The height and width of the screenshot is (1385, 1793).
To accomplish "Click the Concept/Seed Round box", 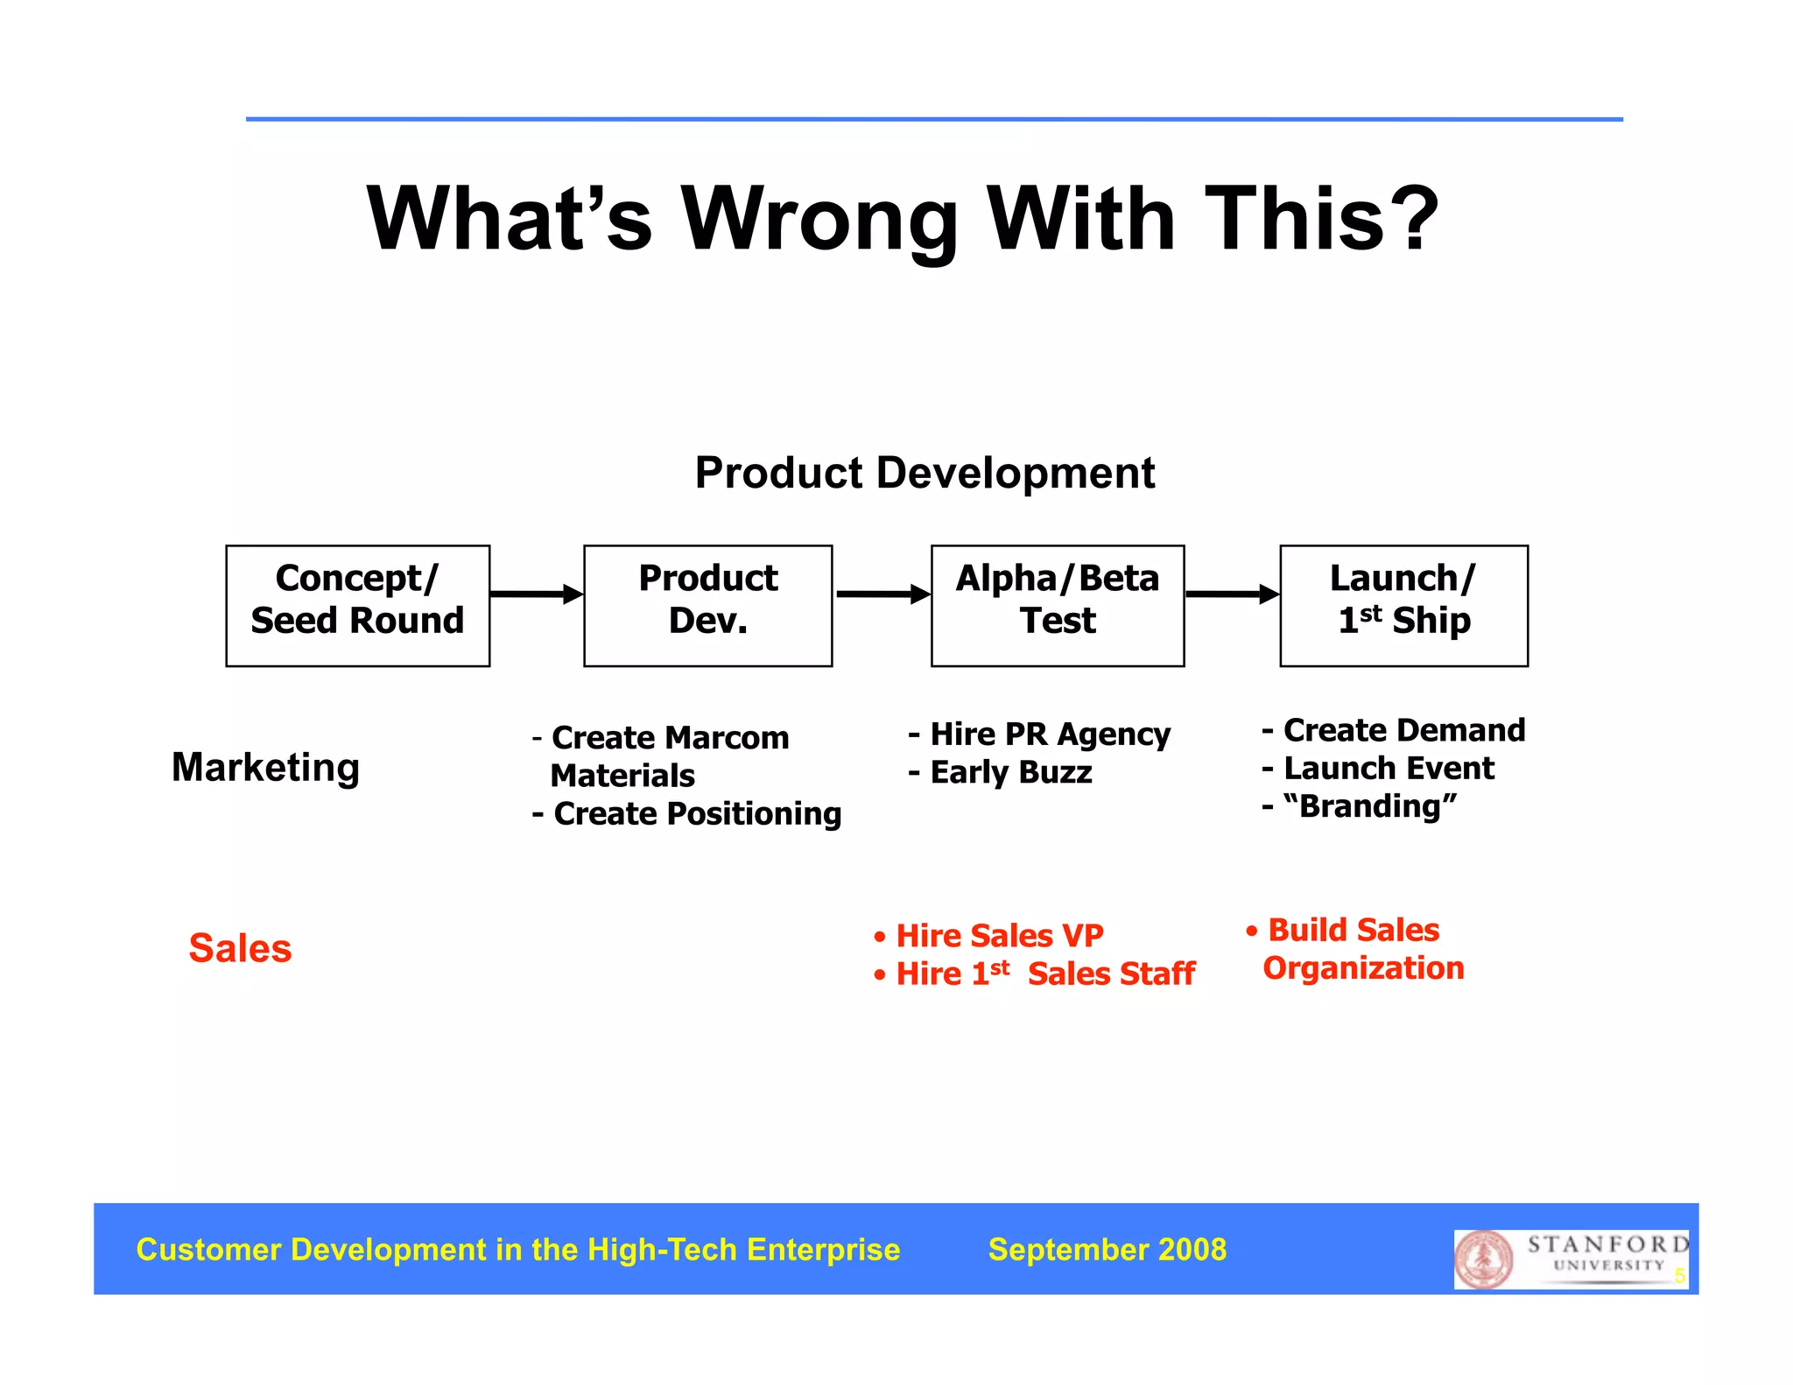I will point(357,606).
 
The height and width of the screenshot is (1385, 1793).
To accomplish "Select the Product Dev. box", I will point(707,606).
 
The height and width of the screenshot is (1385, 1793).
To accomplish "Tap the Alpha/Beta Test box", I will point(1057,606).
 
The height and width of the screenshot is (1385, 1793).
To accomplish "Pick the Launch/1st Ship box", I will point(1403,606).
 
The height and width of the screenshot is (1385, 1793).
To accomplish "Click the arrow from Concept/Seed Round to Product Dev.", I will point(536,594).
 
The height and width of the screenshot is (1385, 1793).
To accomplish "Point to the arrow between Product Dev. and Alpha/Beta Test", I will point(882,594).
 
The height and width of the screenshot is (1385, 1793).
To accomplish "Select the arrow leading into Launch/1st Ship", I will point(1232,594).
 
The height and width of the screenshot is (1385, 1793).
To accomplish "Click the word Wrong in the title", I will point(820,221).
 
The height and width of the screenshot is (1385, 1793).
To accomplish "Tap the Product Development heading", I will point(925,474).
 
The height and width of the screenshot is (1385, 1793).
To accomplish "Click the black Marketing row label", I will point(265,768).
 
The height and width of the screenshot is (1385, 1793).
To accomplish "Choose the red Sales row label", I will point(240,948).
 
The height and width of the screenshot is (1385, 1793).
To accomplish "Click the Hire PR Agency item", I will point(1040,734).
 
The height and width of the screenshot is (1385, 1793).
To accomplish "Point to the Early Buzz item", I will point(1001,772).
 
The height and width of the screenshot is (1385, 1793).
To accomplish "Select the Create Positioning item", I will point(688,814).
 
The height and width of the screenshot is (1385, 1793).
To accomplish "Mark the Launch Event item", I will point(1379,769).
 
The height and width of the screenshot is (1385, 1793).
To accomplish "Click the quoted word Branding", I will point(1370,806).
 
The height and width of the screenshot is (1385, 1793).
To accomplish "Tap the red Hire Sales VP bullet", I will point(989,936).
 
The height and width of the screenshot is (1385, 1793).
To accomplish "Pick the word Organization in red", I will point(1363,968).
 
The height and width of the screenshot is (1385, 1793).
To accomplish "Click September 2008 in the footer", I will point(1107,1249).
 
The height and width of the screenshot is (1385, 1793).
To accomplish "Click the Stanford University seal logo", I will point(1483,1259).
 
